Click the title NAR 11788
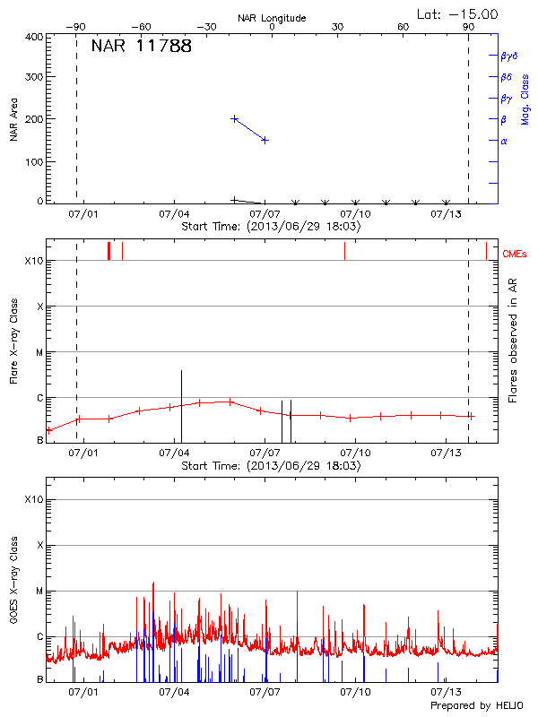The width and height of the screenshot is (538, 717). click(142, 47)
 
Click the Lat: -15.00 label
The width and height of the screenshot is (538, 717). click(457, 13)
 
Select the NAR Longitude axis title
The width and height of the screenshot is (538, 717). click(272, 18)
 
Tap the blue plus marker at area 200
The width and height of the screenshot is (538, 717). click(235, 118)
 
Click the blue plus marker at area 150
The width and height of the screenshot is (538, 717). click(265, 140)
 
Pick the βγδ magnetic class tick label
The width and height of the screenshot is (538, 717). click(508, 56)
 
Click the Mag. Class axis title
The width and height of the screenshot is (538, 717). click(525, 99)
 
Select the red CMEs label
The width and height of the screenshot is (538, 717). click(515, 255)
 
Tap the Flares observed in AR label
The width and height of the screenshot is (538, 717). click(514, 342)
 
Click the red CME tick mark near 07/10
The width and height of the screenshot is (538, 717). click(344, 250)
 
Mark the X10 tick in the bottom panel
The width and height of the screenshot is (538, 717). click(34, 499)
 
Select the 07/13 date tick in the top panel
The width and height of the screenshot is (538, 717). click(446, 215)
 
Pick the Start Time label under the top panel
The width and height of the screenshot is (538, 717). click(271, 227)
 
